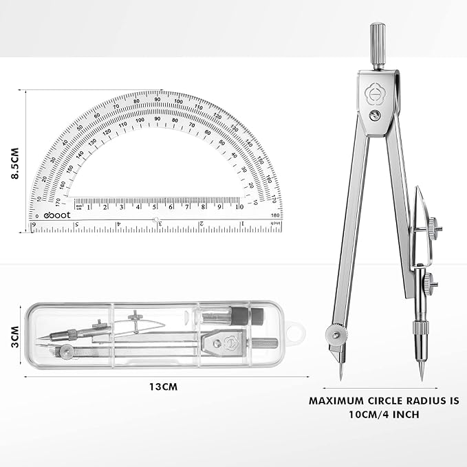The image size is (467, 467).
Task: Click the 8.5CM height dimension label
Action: point(14,160)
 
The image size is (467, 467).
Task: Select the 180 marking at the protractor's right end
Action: point(276,215)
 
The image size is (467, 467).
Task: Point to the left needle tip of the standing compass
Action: point(341,381)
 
